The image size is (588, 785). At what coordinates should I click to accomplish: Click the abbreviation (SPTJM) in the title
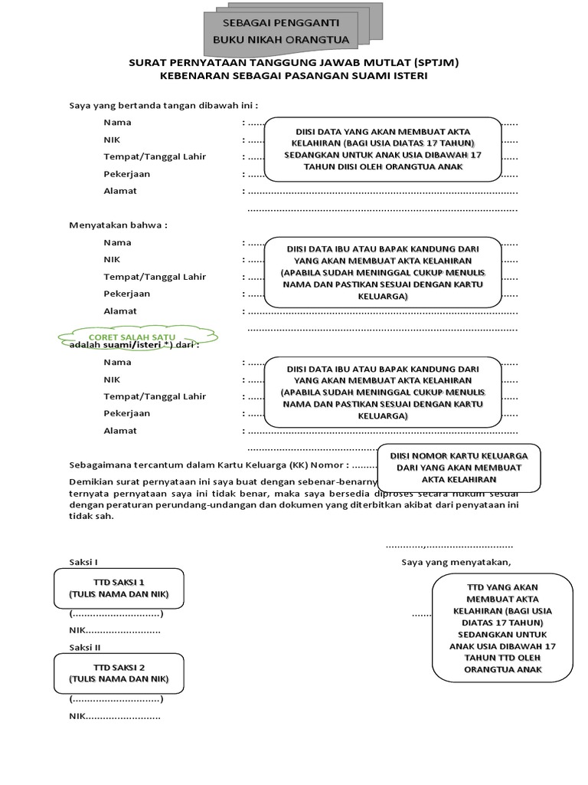click(437, 62)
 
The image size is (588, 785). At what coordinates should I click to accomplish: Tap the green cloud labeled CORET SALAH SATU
click(134, 337)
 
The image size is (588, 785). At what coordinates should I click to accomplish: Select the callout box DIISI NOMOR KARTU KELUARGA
click(459, 467)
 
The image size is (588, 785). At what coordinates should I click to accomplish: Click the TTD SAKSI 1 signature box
click(119, 588)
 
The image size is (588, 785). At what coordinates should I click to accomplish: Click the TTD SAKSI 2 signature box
click(119, 673)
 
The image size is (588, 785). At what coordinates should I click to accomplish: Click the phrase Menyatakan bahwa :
click(119, 225)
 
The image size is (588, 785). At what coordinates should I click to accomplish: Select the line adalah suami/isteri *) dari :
click(134, 346)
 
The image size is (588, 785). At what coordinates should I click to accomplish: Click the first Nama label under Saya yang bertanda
click(118, 122)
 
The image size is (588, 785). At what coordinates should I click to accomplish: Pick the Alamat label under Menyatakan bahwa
click(120, 310)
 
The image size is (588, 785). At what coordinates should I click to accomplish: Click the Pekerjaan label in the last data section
click(127, 413)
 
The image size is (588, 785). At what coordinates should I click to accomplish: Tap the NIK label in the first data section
click(112, 140)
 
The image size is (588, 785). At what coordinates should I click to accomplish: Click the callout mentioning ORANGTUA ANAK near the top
click(383, 149)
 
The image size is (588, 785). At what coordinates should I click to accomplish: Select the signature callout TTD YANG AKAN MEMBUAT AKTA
click(502, 628)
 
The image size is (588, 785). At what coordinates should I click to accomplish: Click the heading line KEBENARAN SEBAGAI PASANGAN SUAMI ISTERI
click(293, 76)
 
